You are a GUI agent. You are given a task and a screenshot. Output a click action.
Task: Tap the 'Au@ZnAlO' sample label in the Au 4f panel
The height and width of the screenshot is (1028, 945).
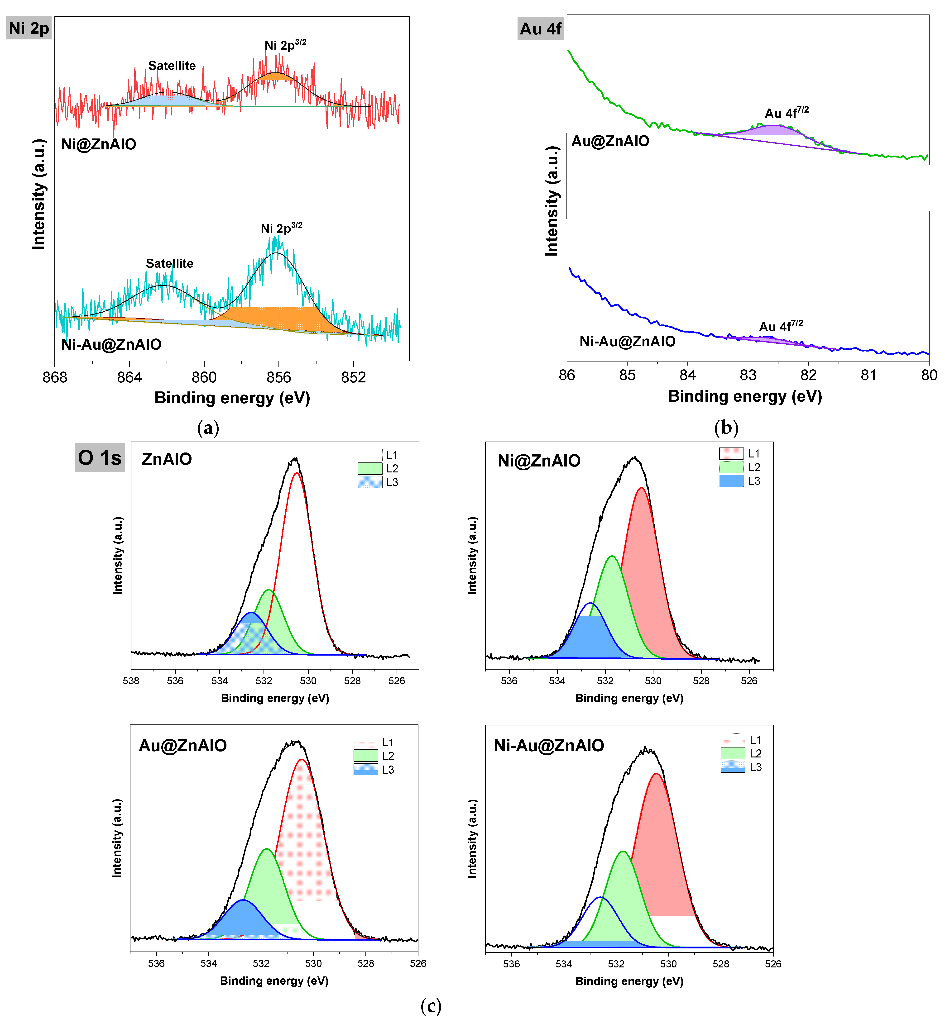(610, 141)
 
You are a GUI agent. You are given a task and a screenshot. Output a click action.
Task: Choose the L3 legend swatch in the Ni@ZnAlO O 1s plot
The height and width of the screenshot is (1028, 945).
(731, 481)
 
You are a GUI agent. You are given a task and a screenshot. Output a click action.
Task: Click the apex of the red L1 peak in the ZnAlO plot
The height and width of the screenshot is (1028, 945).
(297, 473)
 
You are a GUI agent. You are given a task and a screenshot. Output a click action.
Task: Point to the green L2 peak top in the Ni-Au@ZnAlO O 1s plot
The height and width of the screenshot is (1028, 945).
(623, 852)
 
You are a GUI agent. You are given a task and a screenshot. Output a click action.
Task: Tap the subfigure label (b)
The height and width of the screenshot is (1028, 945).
(726, 427)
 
